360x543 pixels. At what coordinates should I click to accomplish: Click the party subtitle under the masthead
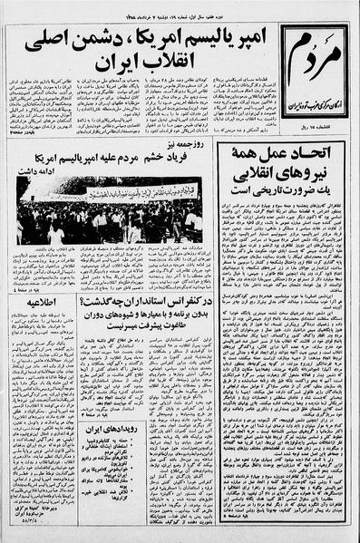tap(316, 99)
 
